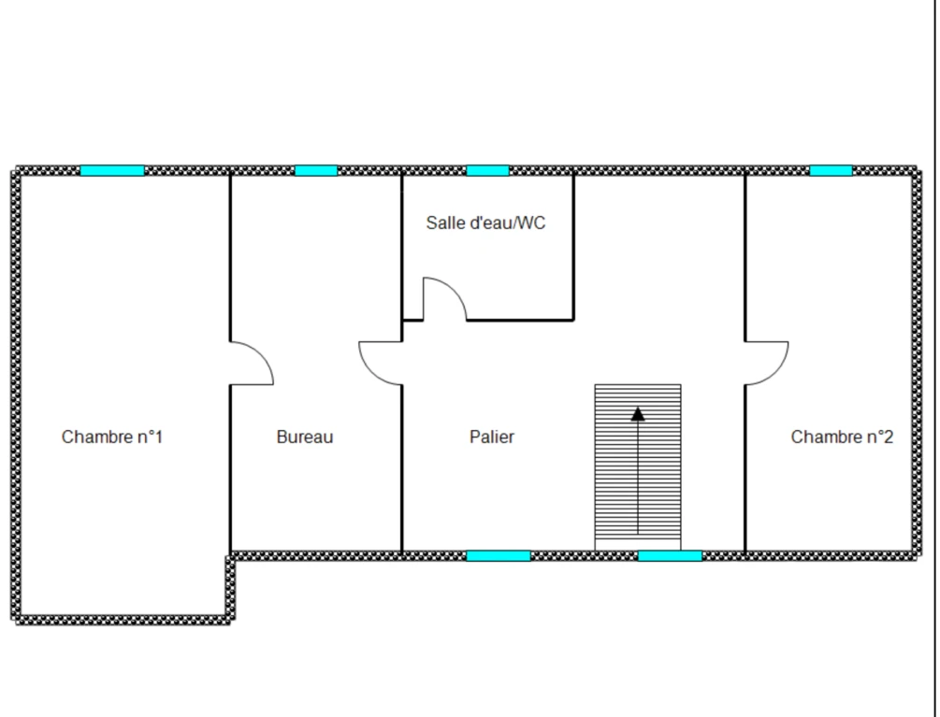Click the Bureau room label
pyautogui.click(x=305, y=437)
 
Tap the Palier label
pyautogui.click(x=492, y=437)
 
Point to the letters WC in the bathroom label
pyautogui.click(x=531, y=222)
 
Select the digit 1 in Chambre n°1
pyautogui.click(x=158, y=437)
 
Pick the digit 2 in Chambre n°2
pyautogui.click(x=889, y=437)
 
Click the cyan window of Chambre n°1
pyautogui.click(x=112, y=171)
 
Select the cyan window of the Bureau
pyautogui.click(x=316, y=171)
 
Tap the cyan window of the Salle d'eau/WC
pyautogui.click(x=487, y=171)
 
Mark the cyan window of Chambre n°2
pyautogui.click(x=831, y=171)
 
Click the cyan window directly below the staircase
pyautogui.click(x=670, y=556)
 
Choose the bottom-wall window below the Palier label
pyautogui.click(x=499, y=556)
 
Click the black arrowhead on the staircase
pyautogui.click(x=638, y=414)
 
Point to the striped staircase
pyautogui.click(x=638, y=467)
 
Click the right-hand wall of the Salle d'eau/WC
pyautogui.click(x=573, y=248)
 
